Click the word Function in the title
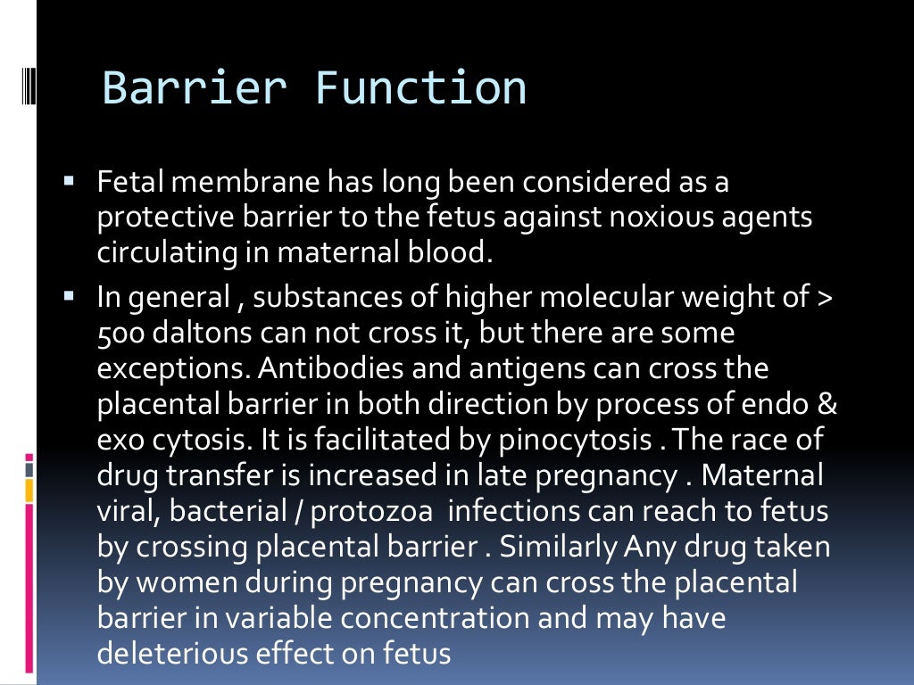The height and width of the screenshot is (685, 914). (420, 88)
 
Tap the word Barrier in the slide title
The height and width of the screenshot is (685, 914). (195, 88)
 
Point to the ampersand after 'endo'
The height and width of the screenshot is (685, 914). (827, 404)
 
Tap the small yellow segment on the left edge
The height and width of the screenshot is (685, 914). (29, 490)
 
